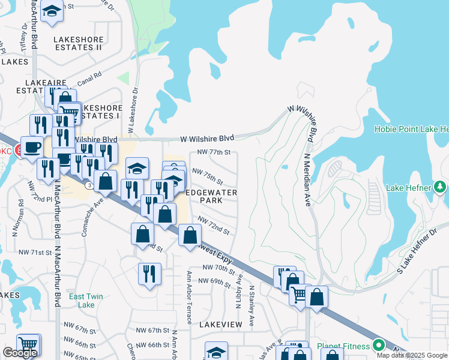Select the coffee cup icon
pos(32,146)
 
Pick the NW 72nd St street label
pos(213,226)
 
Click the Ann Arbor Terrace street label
pos(189,298)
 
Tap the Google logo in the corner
pos(20,353)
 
